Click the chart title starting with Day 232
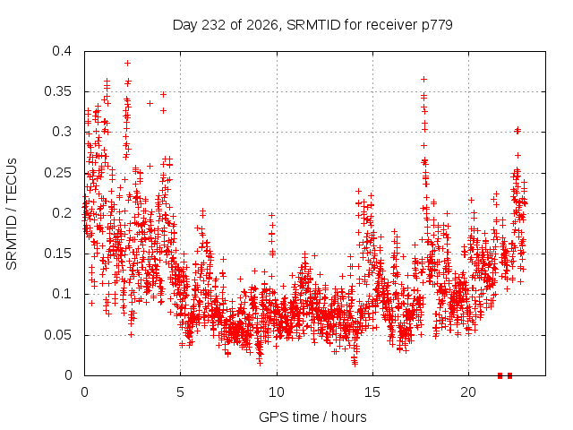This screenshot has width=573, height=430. click(x=312, y=25)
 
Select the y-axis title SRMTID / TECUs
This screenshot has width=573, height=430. click(x=12, y=214)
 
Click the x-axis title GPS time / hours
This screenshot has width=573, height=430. click(x=312, y=417)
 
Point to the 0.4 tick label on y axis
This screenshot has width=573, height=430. click(x=62, y=51)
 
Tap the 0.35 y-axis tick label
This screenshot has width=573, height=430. click(x=57, y=91)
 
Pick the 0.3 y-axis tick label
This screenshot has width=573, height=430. click(x=62, y=132)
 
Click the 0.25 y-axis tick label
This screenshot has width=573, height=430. click(x=57, y=173)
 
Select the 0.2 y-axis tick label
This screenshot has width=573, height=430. click(x=62, y=213)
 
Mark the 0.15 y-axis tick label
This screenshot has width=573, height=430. click(x=57, y=254)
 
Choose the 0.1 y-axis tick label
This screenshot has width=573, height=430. click(x=62, y=294)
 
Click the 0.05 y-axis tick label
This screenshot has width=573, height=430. click(x=57, y=335)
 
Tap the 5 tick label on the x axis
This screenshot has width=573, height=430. click(x=181, y=392)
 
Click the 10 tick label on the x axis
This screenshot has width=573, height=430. click(x=277, y=392)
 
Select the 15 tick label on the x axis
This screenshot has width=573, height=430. click(x=372, y=392)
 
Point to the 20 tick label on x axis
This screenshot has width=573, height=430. click(x=468, y=392)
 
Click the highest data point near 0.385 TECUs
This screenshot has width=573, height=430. click(x=127, y=64)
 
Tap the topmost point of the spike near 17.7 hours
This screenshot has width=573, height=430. click(x=423, y=80)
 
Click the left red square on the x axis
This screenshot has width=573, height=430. click(x=500, y=375)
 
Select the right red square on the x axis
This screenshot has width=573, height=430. click(x=509, y=375)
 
